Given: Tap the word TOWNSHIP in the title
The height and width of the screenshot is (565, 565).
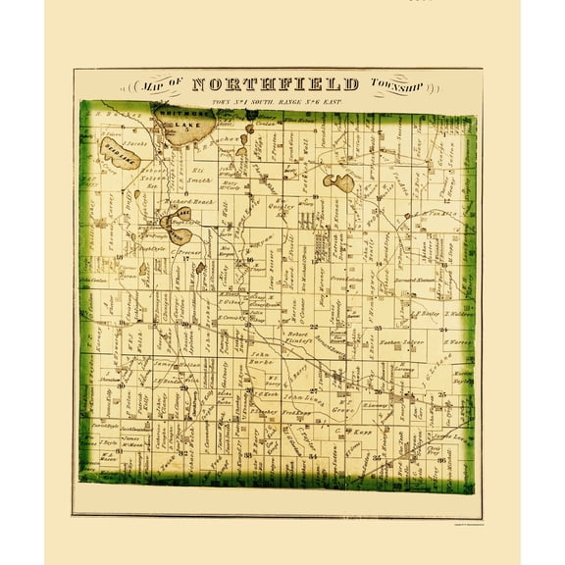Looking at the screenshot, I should [398, 85].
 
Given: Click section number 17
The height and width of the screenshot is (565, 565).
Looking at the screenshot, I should [183, 259].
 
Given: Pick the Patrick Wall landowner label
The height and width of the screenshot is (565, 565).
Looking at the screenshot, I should [226, 211].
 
